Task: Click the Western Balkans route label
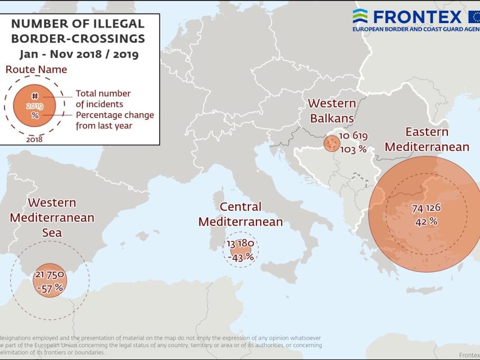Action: pos(332,111)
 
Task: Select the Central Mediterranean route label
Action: pos(241,214)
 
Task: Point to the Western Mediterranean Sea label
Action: pos(52,217)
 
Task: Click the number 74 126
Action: pos(426,208)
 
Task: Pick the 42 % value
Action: pos(426,222)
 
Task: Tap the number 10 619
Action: pos(352,137)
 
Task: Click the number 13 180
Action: pos(241,244)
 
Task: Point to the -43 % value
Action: pos(241,256)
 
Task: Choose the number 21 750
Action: pos(49,274)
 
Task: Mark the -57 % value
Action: pos(49,287)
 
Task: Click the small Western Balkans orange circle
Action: pos(331,144)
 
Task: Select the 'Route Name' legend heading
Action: pos(36,70)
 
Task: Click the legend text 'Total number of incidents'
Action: pos(103,98)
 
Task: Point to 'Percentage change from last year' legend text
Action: pos(115,120)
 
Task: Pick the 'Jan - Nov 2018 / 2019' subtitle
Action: pos(79,55)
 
